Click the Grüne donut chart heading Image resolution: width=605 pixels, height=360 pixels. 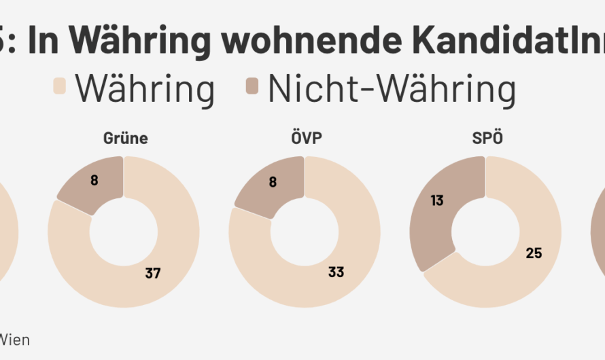125,139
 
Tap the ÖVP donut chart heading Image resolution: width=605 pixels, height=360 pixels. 304,139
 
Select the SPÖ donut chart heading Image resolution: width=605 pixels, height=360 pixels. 485,139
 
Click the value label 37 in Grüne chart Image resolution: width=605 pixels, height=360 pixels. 154,272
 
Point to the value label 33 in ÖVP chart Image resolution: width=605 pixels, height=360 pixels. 336,272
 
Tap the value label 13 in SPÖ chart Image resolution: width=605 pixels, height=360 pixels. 437,200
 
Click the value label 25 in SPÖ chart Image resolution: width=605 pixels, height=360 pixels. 533,253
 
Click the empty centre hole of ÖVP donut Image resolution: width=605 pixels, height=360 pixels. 304,232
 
